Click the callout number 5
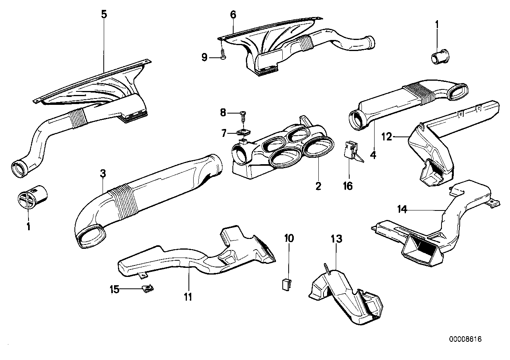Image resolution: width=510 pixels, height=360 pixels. click(x=104, y=15)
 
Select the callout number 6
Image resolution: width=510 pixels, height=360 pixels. click(x=233, y=15)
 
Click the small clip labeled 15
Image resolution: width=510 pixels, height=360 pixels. click(x=148, y=289)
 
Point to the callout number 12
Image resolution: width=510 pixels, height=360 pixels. click(x=386, y=137)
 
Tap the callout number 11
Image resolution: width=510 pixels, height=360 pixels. click(x=188, y=297)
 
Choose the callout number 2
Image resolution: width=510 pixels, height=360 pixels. click(x=318, y=186)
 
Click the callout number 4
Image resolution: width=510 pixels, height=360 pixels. click(x=373, y=155)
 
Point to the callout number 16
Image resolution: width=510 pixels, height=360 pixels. click(x=348, y=186)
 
